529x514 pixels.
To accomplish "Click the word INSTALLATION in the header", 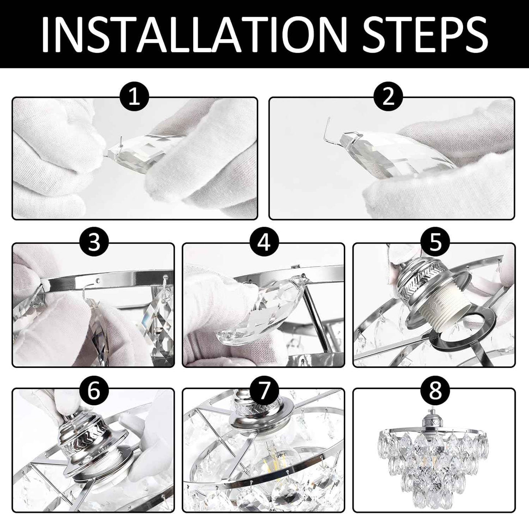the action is click(x=194, y=34).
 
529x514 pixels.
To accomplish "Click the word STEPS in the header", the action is click(x=425, y=34).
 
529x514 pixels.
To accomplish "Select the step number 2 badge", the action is click(x=388, y=97).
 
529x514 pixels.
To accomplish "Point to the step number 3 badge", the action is click(x=94, y=243).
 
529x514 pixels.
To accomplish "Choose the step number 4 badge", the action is click(x=264, y=243).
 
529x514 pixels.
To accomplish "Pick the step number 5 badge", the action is click(x=435, y=243).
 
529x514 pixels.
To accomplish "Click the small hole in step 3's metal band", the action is click(x=98, y=279).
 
